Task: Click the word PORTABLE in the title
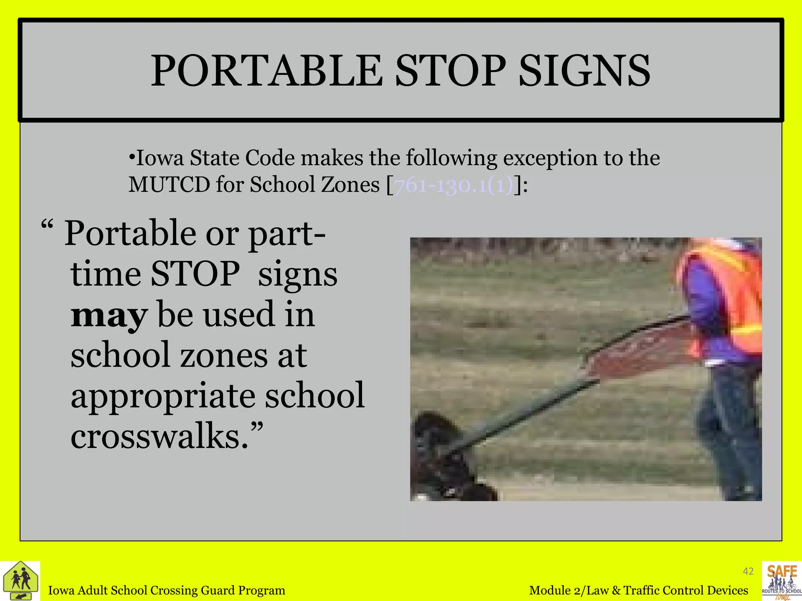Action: pyautogui.click(x=266, y=71)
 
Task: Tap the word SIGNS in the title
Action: pyautogui.click(x=584, y=71)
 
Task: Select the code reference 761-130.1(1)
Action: pyautogui.click(x=453, y=185)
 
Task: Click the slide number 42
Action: pyautogui.click(x=748, y=571)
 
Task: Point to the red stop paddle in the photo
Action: pyautogui.click(x=630, y=354)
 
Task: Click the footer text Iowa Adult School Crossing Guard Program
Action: pyautogui.click(x=166, y=590)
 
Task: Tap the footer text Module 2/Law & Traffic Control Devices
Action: pyautogui.click(x=638, y=590)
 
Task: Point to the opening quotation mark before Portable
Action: pyautogui.click(x=46, y=226)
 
